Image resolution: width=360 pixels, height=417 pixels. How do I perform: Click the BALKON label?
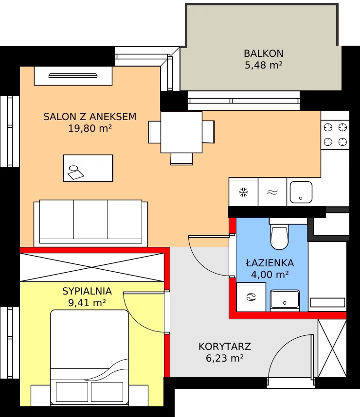click(264, 53)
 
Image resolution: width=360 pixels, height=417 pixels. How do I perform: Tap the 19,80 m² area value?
click(90, 128)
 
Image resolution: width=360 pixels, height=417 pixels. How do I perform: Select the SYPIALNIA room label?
click(87, 291)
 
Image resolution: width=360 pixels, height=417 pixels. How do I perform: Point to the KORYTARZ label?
click(225, 347)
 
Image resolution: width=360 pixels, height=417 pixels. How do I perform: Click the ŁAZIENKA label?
click(270, 262)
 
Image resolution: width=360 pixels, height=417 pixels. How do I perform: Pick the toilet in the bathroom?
click(279, 234)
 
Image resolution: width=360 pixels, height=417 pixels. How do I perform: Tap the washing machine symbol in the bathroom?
click(251, 297)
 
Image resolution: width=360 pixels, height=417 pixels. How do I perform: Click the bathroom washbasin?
click(285, 300)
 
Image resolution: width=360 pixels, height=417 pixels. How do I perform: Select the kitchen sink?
click(301, 192)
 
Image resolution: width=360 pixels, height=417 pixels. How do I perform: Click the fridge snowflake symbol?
click(243, 192)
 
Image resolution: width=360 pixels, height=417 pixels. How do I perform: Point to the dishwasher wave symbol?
click(272, 192)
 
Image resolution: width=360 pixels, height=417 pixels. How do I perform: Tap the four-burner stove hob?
click(335, 135)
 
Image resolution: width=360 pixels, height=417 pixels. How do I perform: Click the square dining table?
click(181, 132)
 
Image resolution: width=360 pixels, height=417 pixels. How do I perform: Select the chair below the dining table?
click(181, 159)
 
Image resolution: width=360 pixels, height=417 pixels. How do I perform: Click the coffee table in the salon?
click(88, 168)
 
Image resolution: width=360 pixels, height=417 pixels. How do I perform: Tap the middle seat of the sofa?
click(91, 220)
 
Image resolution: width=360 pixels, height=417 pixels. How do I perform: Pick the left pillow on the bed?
click(72, 392)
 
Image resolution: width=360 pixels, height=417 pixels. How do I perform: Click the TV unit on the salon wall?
click(73, 76)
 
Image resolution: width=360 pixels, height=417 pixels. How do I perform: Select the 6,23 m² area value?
click(225, 358)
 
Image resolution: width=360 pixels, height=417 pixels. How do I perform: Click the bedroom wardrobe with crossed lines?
click(92, 267)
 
